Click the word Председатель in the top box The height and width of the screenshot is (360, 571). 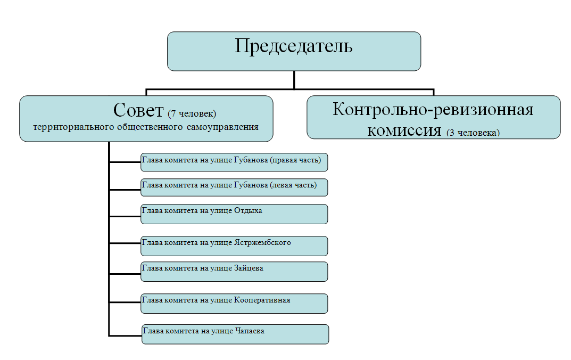coord(294,46)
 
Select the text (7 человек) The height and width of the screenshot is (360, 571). coord(192,113)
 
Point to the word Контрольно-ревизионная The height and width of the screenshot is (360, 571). coord(433,110)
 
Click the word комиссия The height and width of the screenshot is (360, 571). coord(404,129)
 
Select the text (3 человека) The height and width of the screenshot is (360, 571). coord(473,133)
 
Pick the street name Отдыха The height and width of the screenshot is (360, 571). coord(248,210)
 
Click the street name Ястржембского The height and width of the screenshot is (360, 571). coord(262,242)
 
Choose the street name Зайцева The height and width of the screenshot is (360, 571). coord(249,268)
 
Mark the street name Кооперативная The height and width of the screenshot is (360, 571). coord(262,300)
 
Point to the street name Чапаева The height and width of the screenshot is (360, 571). coord(249,331)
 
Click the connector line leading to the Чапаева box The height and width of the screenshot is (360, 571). coord(126,336)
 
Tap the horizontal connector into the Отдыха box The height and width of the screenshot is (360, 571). coord(125,216)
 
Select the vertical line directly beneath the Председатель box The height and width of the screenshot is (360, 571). coord(294,79)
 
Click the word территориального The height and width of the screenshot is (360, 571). coord(67,127)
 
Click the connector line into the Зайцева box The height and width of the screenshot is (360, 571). coord(125,274)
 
